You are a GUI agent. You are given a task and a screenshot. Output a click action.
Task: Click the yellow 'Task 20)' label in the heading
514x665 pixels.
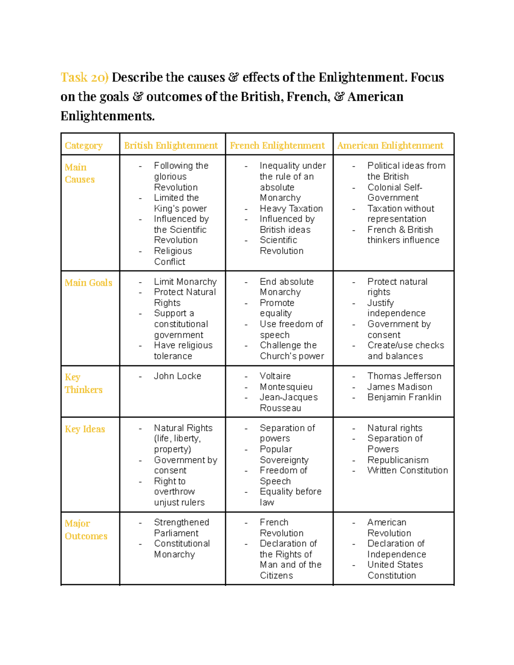coord(84,78)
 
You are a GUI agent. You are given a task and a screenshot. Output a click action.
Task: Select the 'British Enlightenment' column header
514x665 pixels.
coord(171,146)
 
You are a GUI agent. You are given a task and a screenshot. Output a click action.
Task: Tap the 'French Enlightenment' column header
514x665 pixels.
coord(277,146)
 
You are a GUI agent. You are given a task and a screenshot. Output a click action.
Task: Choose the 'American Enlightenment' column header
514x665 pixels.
coord(390,146)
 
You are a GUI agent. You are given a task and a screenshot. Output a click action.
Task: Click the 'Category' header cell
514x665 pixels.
coord(84,146)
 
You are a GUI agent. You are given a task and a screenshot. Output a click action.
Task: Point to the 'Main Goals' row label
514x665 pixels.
coord(88,283)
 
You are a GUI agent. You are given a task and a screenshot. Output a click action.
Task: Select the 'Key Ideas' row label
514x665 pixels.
coord(85,429)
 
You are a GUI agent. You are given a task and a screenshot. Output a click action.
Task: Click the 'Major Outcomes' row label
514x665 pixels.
coord(86,530)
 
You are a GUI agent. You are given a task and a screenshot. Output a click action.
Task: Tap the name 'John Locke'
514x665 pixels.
coord(177,376)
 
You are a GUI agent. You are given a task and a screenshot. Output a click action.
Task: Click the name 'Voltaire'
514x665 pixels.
coord(275,376)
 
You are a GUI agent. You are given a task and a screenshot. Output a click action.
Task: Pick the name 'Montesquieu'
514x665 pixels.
coord(286,387)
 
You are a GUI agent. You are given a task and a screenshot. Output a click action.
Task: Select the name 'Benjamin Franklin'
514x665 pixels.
coord(404,397)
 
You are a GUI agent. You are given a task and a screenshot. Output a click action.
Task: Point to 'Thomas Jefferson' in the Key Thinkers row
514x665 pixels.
coord(404,376)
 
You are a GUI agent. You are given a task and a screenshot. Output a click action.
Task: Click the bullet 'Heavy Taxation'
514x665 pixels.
coord(291,209)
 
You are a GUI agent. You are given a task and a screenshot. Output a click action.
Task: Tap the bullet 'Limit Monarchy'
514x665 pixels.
coord(185,282)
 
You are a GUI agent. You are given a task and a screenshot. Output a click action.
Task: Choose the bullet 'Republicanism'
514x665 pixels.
coord(397,460)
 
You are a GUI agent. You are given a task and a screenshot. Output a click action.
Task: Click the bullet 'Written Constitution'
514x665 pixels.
coord(407,470)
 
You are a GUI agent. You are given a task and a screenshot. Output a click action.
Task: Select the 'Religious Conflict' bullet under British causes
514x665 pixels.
coord(173,256)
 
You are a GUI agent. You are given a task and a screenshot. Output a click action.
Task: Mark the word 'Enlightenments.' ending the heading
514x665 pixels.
coord(108,116)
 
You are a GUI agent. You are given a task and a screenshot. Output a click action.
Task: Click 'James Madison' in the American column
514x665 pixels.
coord(400,387)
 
